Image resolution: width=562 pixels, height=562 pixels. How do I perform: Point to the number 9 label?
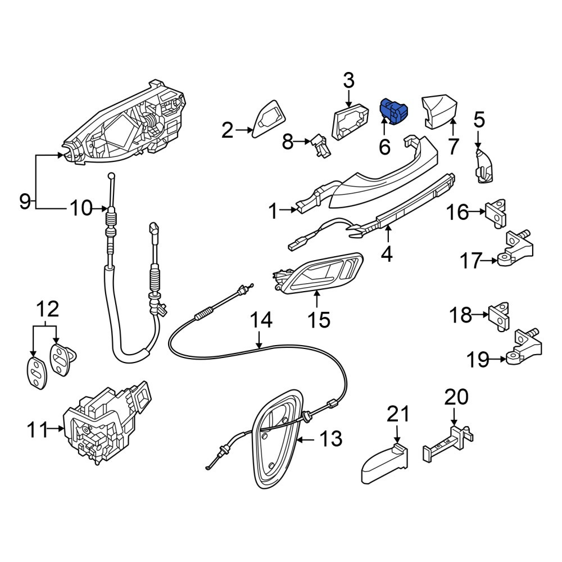[x=25, y=201]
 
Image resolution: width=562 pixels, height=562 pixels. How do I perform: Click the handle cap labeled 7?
[x=440, y=111]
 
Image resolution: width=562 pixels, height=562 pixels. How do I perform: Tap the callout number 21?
[x=398, y=414]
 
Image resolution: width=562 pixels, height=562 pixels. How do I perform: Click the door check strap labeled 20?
[x=448, y=443]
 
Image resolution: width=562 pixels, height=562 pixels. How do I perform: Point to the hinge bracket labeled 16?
[x=496, y=213]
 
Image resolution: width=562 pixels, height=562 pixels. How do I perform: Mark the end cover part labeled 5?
[x=484, y=166]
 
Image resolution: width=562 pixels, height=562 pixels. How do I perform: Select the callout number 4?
[x=387, y=254]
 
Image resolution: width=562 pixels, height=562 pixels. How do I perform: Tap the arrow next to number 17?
[x=490, y=261]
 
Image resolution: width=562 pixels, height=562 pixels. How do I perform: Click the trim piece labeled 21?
[x=384, y=465]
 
